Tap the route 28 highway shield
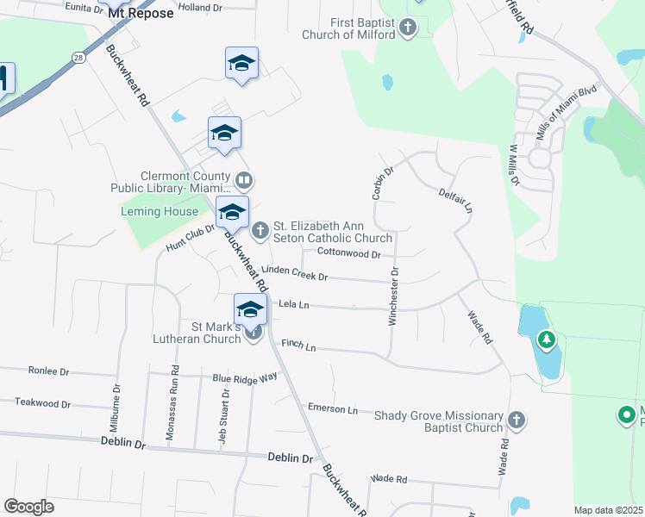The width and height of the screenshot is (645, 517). point(78,57)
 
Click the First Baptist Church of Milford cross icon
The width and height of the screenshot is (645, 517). point(408,28)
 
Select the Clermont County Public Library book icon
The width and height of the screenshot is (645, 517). point(244,180)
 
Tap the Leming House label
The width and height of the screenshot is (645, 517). point(159,211)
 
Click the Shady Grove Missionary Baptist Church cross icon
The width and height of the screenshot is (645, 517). point(516,420)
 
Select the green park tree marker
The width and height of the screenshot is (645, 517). point(546,340)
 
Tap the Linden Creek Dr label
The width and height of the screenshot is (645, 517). point(294,273)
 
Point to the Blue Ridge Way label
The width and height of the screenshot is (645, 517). point(245,377)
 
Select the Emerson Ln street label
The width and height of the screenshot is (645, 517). point(332,409)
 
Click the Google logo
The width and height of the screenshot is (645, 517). point(28,506)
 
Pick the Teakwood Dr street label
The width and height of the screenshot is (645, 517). point(42,403)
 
